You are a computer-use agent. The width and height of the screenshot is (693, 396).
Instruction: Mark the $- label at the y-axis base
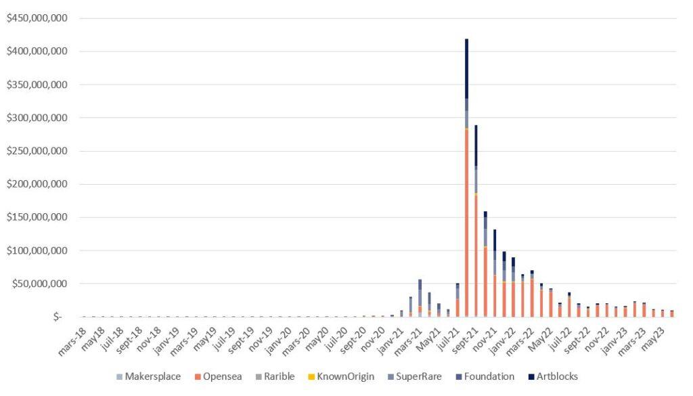[58, 317]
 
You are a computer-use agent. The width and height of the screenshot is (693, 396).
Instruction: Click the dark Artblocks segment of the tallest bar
[466, 68]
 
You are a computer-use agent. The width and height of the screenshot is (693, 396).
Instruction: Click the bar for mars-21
[420, 298]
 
